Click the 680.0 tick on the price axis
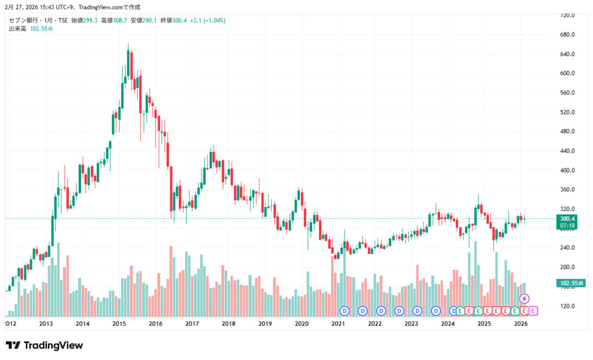click(x=568, y=35)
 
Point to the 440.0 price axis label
click(x=568, y=151)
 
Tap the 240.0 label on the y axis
click(x=568, y=248)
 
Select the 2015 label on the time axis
click(x=119, y=324)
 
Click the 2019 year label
click(x=265, y=324)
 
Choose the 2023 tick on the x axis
click(x=411, y=324)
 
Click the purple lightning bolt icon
click(x=524, y=299)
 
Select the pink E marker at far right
click(x=533, y=311)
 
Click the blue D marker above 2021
click(x=344, y=311)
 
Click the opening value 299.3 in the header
click(x=90, y=20)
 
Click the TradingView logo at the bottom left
click(x=45, y=346)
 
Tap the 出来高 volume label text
click(x=18, y=28)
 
